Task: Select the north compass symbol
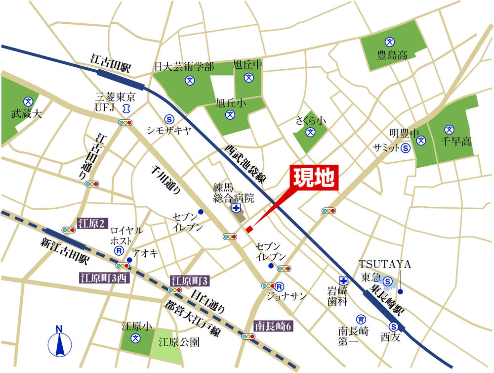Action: tap(59, 341)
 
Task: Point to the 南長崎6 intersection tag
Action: tap(274, 325)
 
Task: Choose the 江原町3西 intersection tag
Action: tap(104, 278)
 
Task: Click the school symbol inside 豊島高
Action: tap(389, 41)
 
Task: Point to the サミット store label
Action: tap(386, 147)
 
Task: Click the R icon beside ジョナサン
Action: tap(280, 286)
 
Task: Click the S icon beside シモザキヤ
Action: tap(169, 119)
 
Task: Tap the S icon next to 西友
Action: tap(394, 326)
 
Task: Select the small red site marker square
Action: tap(249, 229)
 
